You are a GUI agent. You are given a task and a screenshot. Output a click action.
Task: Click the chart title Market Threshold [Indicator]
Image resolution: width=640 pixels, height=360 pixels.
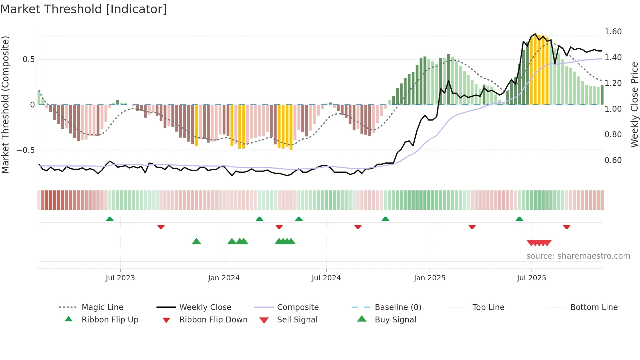click(84, 9)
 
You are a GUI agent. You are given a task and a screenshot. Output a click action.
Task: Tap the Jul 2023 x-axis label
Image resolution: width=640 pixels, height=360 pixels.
click(120, 278)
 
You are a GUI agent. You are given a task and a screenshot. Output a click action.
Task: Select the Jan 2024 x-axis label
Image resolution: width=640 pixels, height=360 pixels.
click(224, 278)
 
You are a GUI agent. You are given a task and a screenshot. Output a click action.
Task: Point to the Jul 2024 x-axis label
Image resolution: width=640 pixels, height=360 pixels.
click(326, 278)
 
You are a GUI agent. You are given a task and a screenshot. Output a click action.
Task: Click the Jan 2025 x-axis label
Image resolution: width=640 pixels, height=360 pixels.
click(429, 278)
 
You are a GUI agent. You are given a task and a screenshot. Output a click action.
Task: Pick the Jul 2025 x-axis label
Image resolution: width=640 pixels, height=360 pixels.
click(532, 278)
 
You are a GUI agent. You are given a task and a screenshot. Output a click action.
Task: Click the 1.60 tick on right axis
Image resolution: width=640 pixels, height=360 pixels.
click(613, 32)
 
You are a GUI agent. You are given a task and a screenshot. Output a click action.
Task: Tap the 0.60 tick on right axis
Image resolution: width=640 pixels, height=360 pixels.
click(613, 160)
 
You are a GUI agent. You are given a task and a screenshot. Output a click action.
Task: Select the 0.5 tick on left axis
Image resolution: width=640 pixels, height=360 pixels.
click(28, 59)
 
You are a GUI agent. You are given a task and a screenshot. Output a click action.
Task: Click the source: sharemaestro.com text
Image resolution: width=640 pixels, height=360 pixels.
click(578, 256)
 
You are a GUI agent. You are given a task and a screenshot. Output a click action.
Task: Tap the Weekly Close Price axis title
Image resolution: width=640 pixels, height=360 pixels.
click(634, 105)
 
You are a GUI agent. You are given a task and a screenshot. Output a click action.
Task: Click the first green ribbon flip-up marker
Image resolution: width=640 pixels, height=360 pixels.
click(110, 219)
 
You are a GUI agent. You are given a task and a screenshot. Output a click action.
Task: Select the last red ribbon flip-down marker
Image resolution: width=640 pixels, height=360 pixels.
click(567, 227)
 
